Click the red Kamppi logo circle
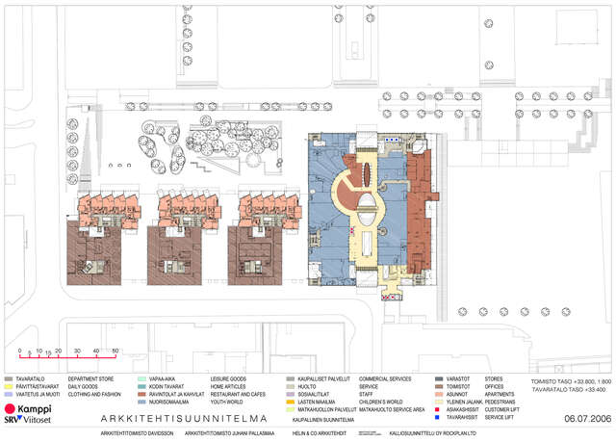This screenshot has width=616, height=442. (11, 409)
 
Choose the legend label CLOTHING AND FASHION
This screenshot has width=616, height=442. (94, 394)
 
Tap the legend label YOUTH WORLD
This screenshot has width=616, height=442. (227, 402)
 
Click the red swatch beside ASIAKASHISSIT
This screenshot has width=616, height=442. (437, 409)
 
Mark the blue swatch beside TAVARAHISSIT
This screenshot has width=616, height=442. (437, 417)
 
